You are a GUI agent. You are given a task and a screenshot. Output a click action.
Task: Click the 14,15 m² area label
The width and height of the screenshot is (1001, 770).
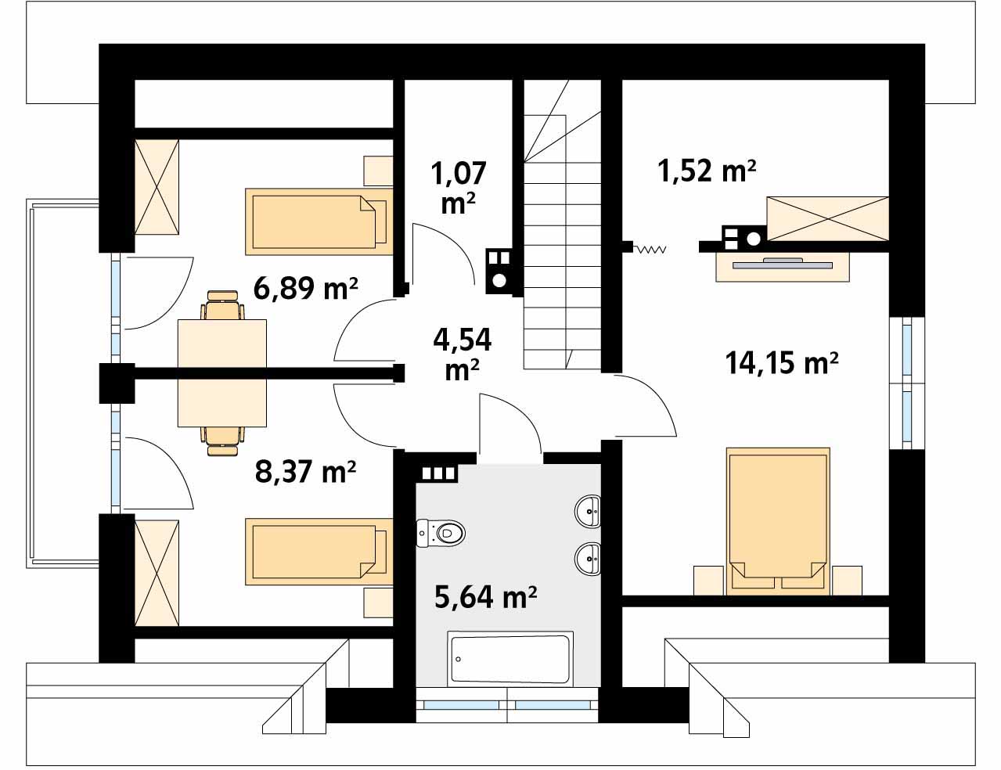point(782,362)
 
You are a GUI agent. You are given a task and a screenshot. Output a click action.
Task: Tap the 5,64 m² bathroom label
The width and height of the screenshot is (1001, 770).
point(486,596)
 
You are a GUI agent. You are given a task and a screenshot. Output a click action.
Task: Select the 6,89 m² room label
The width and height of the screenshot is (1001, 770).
point(305,289)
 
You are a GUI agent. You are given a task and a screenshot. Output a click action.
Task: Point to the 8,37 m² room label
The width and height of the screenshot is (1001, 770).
point(305,472)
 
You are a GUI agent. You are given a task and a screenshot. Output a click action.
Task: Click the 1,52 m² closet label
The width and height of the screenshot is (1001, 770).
point(707,171)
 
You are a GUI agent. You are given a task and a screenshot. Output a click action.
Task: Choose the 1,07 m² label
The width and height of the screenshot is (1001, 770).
point(459,188)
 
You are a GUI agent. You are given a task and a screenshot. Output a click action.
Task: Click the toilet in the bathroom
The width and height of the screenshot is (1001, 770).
point(441,534)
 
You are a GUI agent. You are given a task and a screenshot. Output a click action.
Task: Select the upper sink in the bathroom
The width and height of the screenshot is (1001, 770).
point(588,511)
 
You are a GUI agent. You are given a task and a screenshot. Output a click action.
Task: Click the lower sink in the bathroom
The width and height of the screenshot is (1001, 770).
point(588,559)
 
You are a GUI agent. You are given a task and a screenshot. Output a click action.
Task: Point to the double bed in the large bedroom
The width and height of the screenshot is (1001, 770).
point(778,520)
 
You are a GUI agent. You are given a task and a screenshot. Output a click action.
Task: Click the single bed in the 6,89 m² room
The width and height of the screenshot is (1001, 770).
point(319,221)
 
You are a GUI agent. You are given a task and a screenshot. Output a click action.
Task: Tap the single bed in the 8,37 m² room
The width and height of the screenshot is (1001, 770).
point(319,552)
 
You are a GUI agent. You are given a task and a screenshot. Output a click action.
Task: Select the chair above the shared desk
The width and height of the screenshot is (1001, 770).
point(222,305)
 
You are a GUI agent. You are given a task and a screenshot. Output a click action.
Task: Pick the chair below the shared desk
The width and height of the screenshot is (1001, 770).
point(222,441)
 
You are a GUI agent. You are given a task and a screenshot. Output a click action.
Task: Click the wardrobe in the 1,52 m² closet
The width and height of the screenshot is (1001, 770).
point(827,219)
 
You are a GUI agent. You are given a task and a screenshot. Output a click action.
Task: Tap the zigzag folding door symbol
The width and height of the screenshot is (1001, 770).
point(650,249)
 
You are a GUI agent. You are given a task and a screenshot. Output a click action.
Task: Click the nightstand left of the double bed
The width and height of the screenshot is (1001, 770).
point(708,581)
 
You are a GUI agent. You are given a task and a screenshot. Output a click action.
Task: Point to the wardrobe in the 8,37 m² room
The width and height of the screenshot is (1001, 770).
point(157,573)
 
